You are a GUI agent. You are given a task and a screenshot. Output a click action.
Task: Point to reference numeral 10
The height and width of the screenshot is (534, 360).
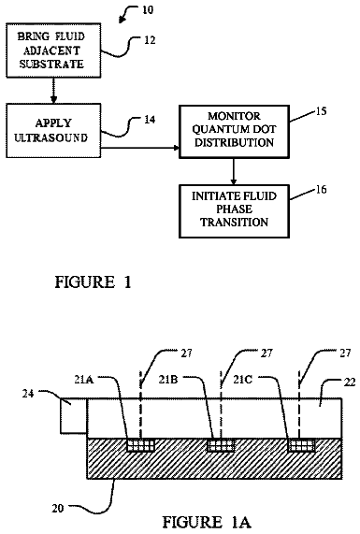tap(148, 9)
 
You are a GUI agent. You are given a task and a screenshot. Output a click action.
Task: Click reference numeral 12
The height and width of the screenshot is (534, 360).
tap(150, 40)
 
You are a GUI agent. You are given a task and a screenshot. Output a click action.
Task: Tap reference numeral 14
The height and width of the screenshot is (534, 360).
tap(150, 120)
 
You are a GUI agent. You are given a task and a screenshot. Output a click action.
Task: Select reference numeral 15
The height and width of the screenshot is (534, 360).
tap(321, 110)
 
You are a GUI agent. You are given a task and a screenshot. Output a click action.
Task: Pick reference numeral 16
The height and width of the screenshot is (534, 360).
tap(321, 189)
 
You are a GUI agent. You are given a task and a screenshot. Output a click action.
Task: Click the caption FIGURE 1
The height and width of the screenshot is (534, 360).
tap(93, 282)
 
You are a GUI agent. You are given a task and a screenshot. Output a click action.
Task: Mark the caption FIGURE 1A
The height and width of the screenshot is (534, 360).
tap(207, 522)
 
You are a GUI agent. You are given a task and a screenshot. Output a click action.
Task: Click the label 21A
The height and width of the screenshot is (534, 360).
tap(84, 379)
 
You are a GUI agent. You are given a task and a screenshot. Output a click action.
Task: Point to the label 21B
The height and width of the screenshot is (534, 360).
tap(168, 379)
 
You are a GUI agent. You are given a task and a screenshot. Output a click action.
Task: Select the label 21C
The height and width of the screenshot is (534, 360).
tap(243, 379)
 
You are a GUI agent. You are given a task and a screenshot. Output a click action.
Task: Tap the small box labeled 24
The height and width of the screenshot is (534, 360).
tap(73, 416)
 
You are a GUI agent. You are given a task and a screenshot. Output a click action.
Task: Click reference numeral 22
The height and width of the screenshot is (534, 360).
tap(349, 382)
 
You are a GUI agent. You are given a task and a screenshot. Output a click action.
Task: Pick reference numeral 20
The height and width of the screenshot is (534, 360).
tap(58, 508)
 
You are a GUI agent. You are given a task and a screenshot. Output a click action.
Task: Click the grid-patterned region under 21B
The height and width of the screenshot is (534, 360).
tap(221, 445)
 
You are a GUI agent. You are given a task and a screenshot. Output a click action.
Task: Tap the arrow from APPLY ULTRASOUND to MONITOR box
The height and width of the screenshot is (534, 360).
tap(140, 148)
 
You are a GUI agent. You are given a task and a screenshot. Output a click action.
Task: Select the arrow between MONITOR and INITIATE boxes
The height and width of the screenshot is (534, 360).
tap(234, 172)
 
